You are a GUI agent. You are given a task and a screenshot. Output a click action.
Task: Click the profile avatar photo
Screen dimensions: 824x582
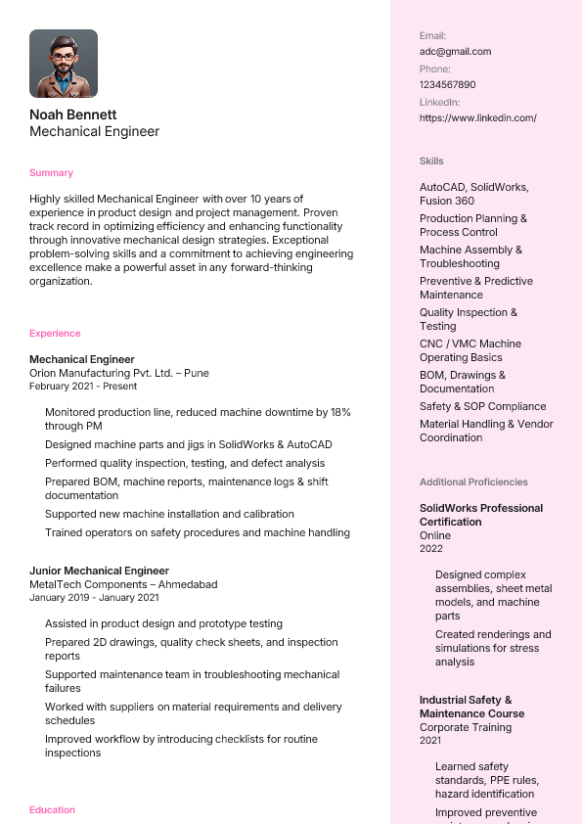coord(64,64)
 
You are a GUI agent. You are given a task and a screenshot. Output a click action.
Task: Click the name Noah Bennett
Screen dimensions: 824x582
coord(72,114)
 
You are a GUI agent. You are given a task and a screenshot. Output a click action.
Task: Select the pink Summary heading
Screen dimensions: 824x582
coord(51,173)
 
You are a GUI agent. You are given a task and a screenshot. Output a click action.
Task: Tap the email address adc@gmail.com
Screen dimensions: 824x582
coord(455,52)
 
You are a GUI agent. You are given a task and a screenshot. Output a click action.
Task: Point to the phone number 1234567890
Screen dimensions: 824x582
coord(447,85)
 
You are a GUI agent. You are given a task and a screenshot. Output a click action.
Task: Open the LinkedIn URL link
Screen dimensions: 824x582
coord(477,118)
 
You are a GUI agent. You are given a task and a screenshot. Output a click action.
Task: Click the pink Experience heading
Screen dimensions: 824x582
coord(55,334)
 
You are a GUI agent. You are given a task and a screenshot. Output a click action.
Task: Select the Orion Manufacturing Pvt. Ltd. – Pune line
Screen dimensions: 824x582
coord(118,373)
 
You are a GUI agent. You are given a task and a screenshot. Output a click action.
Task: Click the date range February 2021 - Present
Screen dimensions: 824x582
coord(83,387)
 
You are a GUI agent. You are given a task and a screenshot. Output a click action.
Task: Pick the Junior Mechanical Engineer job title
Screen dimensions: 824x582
coord(99,571)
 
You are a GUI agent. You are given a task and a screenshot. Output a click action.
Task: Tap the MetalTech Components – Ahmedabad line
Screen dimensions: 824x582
coord(123,584)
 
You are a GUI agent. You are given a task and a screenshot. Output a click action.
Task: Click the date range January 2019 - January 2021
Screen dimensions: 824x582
coord(94,598)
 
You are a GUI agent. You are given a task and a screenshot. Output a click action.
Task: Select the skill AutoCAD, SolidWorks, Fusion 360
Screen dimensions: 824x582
coord(473,194)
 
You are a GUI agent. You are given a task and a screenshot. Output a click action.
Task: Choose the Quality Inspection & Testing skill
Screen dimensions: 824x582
coord(469,319)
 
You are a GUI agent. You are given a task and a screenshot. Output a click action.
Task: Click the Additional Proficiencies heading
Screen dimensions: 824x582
coord(473,482)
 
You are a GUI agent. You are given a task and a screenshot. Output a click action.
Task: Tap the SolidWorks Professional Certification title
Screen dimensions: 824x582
coord(480,515)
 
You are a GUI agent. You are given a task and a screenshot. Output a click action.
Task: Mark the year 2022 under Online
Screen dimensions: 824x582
coord(431,549)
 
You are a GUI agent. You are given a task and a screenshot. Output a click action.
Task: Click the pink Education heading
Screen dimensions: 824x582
coord(52,810)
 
